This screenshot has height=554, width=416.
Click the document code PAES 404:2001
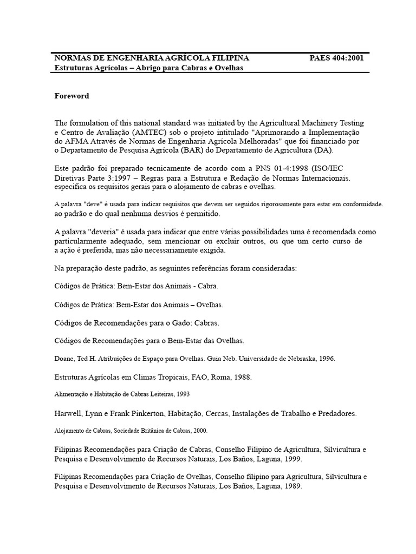336,58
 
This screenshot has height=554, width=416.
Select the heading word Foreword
71,96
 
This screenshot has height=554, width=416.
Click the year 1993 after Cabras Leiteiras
181,394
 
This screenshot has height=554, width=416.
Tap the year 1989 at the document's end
291,486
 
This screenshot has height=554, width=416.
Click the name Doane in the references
64,358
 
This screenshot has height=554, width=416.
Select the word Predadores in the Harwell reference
336,413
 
